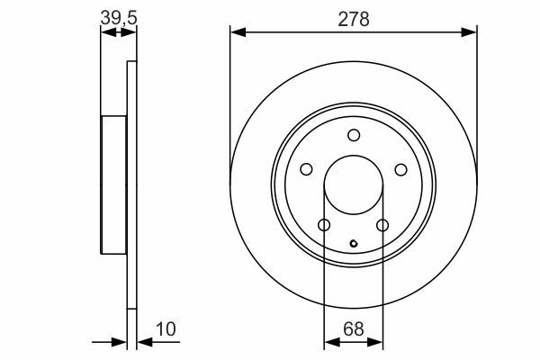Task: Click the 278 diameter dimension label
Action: (354, 19)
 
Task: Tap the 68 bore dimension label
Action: (354, 329)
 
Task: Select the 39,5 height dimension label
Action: (119, 18)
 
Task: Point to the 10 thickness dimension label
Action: (166, 329)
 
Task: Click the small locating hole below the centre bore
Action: (354, 244)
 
